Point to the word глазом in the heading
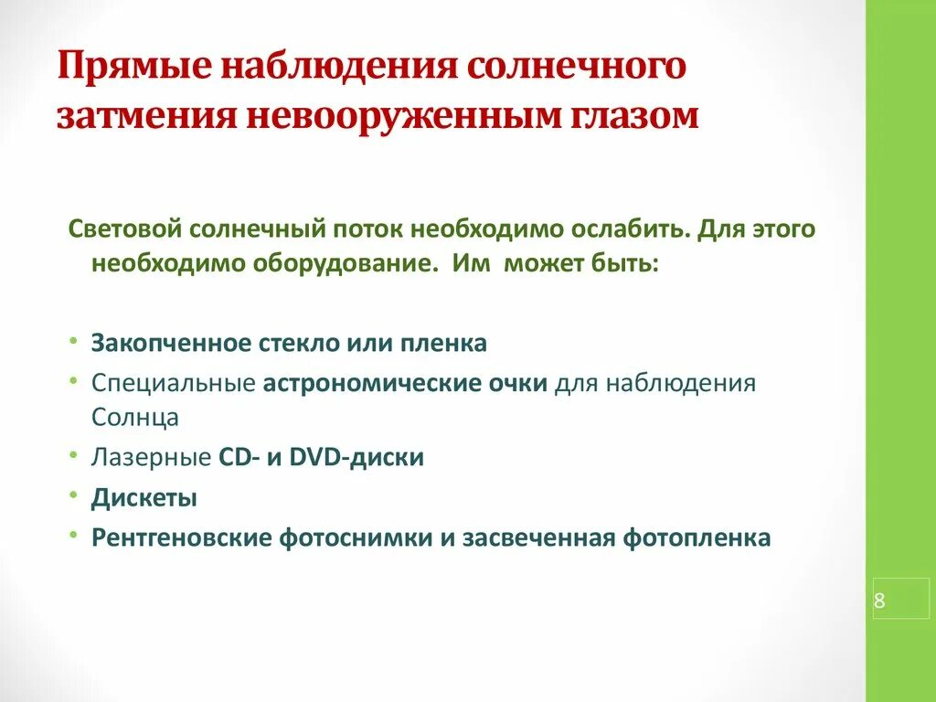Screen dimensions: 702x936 (x=626, y=117)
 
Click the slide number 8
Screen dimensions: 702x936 (x=879, y=601)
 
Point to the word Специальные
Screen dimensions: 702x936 (x=173, y=383)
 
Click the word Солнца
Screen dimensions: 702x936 (x=134, y=417)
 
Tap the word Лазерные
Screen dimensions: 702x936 (x=151, y=457)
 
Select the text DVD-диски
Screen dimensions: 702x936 (x=356, y=457)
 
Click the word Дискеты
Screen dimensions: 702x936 (x=144, y=498)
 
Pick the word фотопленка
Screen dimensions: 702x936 (x=697, y=538)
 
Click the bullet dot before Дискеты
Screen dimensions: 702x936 (x=72, y=498)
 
